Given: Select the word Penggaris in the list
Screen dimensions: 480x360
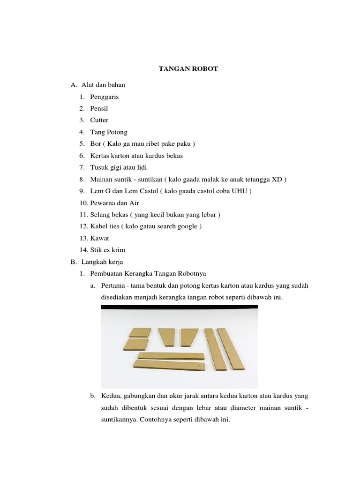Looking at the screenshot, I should point(105,97).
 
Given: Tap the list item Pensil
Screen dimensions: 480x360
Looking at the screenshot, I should point(99,109).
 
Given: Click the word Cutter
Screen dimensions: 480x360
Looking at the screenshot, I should point(99,120).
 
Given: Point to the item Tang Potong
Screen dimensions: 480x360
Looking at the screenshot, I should point(109,132).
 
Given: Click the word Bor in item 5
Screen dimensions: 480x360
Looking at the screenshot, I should point(95,144).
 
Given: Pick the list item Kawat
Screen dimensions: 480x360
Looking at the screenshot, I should point(99,238).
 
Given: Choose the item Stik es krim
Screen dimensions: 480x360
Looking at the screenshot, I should point(108,250).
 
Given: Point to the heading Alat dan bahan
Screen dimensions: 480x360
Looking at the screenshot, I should point(103,85).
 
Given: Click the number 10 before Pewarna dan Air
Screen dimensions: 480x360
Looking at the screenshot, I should point(83,203).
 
